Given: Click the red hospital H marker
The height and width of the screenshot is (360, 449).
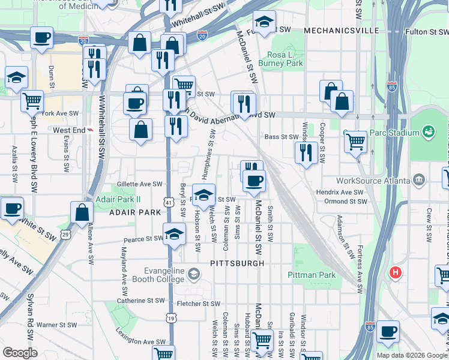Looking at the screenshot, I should point(395,272).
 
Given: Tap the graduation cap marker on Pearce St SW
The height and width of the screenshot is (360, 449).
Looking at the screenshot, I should point(174,233).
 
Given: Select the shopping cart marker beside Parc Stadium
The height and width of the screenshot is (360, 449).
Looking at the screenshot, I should point(356,142).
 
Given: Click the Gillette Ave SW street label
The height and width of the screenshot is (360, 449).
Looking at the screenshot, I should point(140,184).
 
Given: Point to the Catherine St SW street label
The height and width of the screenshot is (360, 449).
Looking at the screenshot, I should point(139,301).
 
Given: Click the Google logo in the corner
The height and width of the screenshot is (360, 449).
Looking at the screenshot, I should point(20,353).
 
